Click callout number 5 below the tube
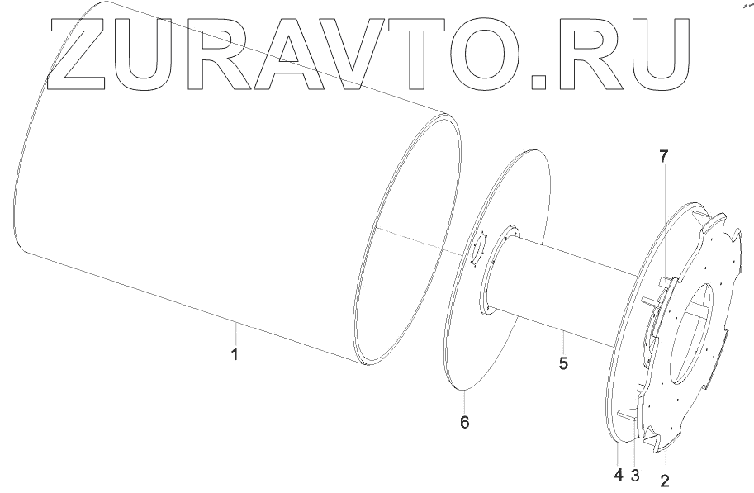pos(563,363)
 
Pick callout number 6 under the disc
pos(464,422)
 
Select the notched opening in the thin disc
pos(478,249)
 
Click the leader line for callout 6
pos(464,401)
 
